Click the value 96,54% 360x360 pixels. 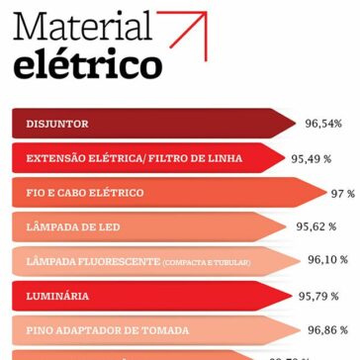(323, 124)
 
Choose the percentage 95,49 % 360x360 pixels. (312, 158)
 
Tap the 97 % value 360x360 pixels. (342, 193)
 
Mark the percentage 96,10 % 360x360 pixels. (327, 260)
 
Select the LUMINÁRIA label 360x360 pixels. (58, 296)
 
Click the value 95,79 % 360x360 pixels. (318, 295)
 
